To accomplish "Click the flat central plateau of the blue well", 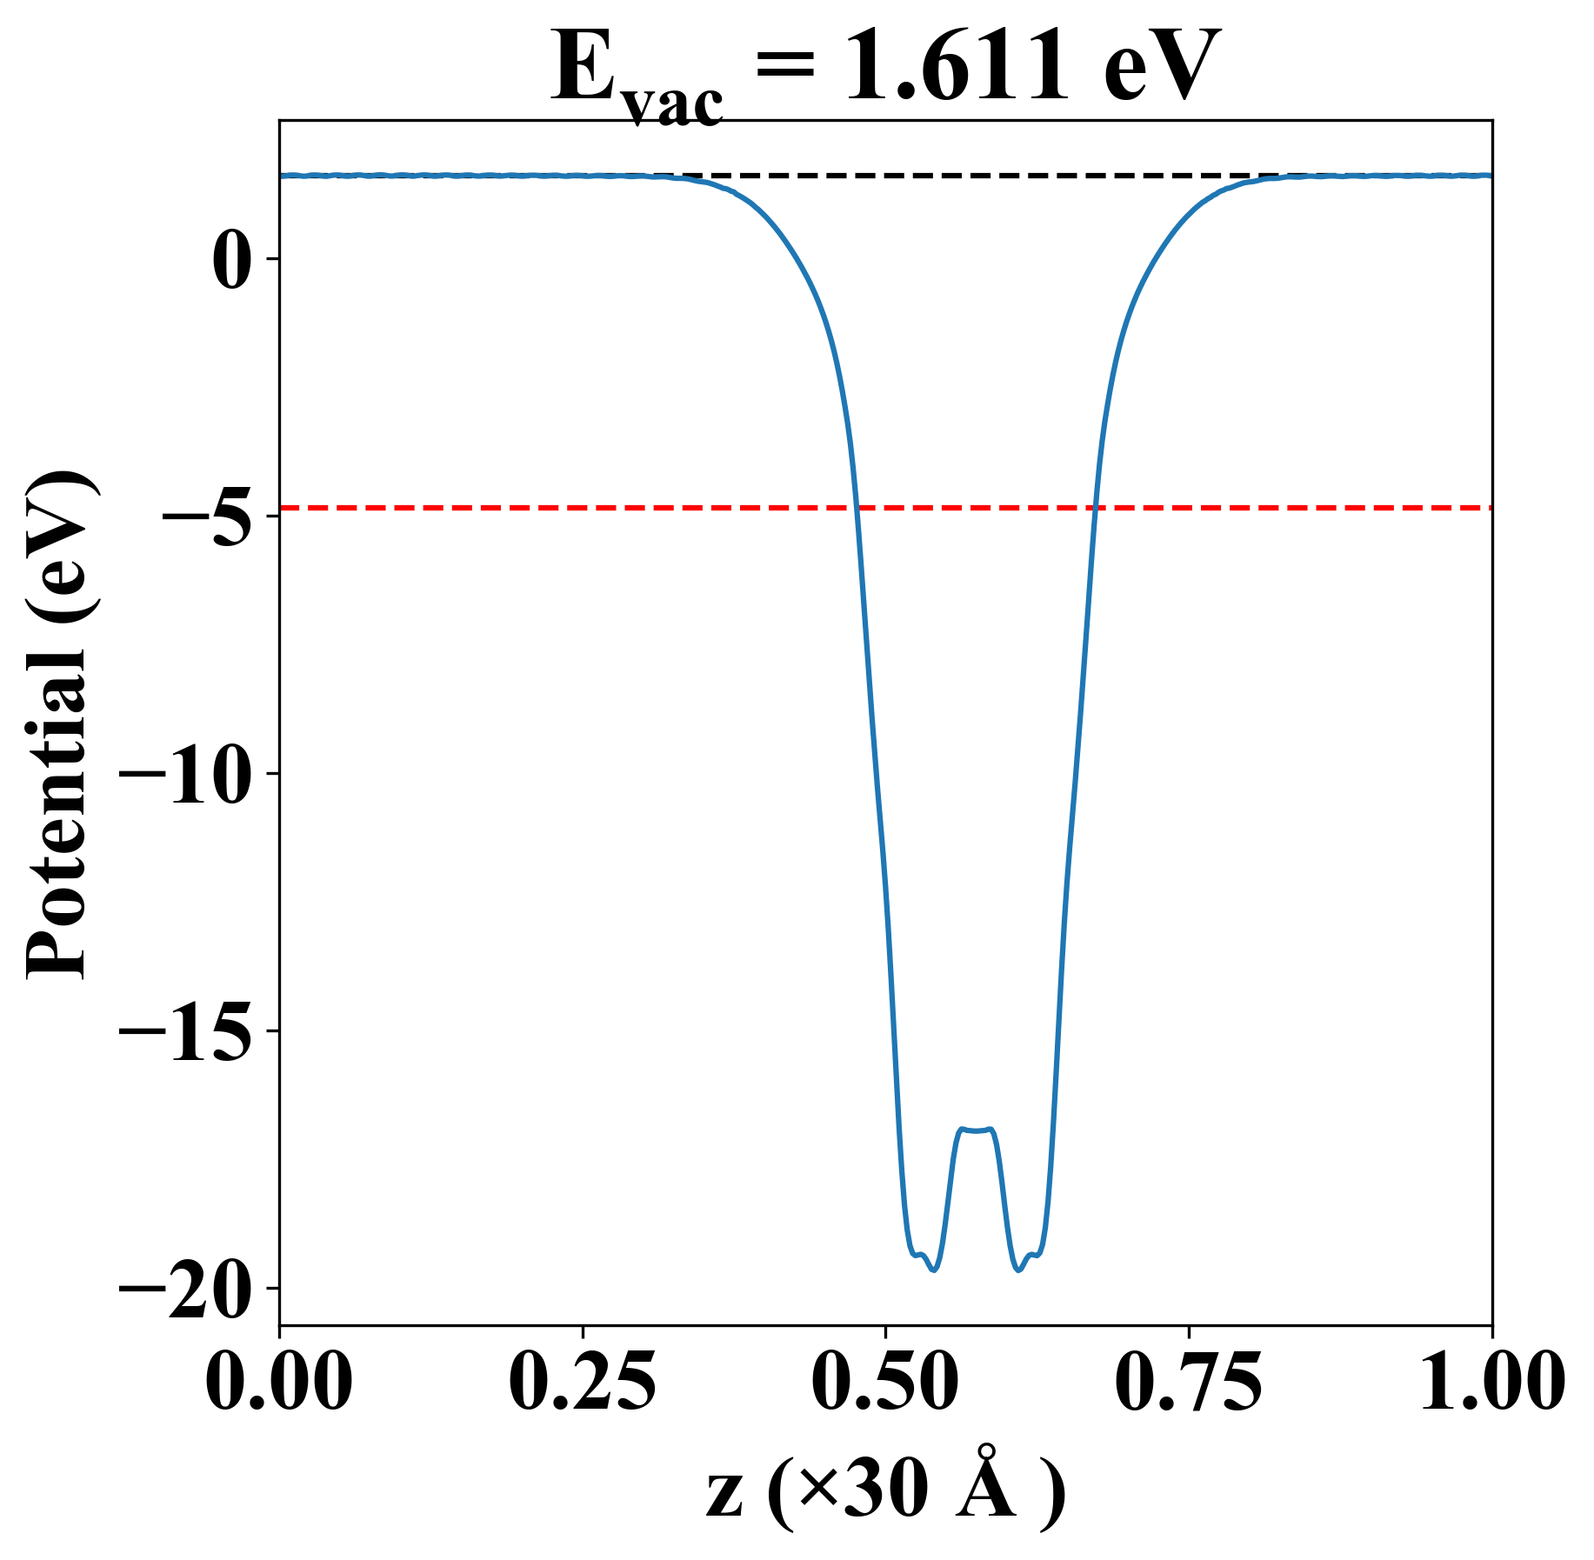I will coord(976,1130).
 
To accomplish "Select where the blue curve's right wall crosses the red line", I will coord(1096,507).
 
